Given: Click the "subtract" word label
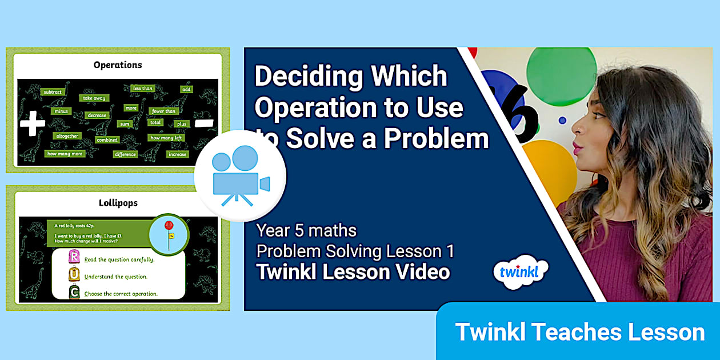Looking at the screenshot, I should coord(53,91).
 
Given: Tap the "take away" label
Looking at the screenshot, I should coord(94,98).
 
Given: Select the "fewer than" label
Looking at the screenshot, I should coord(163,111).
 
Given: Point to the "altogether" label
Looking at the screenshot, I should coord(67,136).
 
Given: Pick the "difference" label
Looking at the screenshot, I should coord(125,154).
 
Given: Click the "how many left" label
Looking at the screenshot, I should coord(166,138).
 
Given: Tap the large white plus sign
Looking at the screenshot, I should coord(32,123).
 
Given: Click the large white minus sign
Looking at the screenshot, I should coord(203,123).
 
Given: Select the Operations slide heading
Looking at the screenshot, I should coord(118,65).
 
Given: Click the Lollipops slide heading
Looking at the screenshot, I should coord(118,203).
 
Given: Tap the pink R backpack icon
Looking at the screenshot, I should coord(74,257).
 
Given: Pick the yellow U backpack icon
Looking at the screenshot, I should coord(74,274).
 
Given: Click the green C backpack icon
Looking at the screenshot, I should coord(74,292).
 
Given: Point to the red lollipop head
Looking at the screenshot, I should coord(169,225).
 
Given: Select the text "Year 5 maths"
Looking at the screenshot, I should coord(306,231).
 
